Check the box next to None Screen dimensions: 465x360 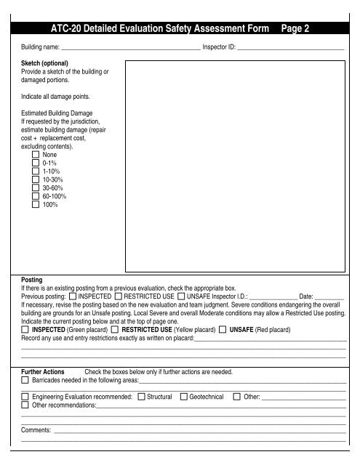[36, 155]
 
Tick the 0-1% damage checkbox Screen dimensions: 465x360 [36, 165]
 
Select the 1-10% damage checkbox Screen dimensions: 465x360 [36, 175]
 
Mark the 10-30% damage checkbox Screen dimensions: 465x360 [36, 185]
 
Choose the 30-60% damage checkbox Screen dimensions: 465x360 [36, 195]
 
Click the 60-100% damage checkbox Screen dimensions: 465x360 [36, 206]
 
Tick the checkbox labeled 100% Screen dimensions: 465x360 [36, 216]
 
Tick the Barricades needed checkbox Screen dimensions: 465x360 [26, 380]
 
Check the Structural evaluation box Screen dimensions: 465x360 [141, 397]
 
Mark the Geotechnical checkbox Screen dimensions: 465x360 [183, 397]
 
